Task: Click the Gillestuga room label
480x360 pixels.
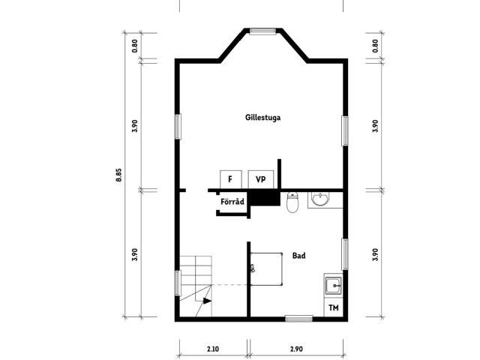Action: [x=262, y=118]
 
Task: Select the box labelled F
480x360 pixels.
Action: [x=231, y=179]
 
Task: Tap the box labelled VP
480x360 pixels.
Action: [x=260, y=179]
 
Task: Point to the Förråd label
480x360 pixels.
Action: [x=232, y=202]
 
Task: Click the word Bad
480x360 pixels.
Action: [x=298, y=256]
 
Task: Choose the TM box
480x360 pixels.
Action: [x=333, y=307]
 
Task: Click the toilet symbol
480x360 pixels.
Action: [x=292, y=202]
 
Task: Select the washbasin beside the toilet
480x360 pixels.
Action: [x=320, y=199]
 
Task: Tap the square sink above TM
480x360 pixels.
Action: [x=333, y=286]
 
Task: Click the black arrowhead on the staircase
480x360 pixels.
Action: [x=207, y=301]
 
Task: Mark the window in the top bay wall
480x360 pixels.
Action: [x=262, y=31]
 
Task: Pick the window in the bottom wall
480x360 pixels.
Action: [x=298, y=319]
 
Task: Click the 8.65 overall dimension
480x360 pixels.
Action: [x=118, y=175]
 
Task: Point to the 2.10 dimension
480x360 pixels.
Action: [x=213, y=349]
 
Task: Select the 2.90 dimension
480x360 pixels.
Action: [x=296, y=349]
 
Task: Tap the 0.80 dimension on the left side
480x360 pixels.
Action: [x=135, y=46]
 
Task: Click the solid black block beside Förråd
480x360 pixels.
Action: [x=265, y=198]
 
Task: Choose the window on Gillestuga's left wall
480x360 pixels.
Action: [x=178, y=127]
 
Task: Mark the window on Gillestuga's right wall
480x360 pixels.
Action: [x=345, y=130]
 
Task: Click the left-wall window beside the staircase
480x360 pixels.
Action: [x=178, y=283]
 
